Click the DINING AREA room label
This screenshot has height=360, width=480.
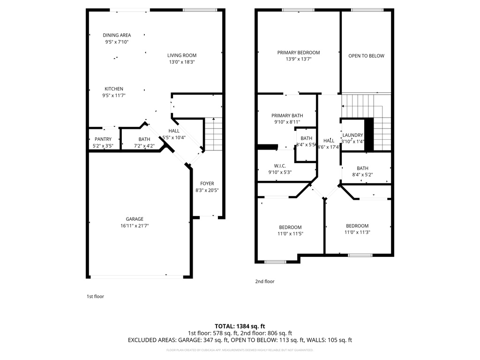click(x=117, y=35)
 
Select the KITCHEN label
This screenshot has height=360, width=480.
click(x=114, y=89)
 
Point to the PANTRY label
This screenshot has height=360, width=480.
click(x=103, y=139)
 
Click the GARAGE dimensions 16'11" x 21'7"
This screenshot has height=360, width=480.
click(x=134, y=226)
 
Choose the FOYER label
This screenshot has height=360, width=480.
click(x=207, y=184)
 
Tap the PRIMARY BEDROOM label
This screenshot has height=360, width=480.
click(x=298, y=52)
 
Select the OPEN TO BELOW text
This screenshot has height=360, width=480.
click(x=366, y=56)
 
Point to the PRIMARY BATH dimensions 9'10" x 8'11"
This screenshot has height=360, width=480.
click(x=287, y=122)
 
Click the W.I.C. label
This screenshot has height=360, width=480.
click(x=280, y=165)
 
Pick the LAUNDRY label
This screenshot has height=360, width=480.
click(x=353, y=135)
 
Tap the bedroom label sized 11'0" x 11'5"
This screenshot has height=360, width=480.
click(x=290, y=227)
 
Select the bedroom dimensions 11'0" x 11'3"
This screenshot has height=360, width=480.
click(x=357, y=232)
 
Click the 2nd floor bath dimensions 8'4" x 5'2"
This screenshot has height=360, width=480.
click(x=362, y=175)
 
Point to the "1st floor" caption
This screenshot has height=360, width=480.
click(x=95, y=296)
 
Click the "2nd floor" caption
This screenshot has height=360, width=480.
click(x=264, y=282)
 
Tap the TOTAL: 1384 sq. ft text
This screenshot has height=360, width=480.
click(x=240, y=326)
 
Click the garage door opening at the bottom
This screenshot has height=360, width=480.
click(x=136, y=277)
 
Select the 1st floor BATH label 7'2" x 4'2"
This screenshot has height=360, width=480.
click(x=144, y=139)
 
